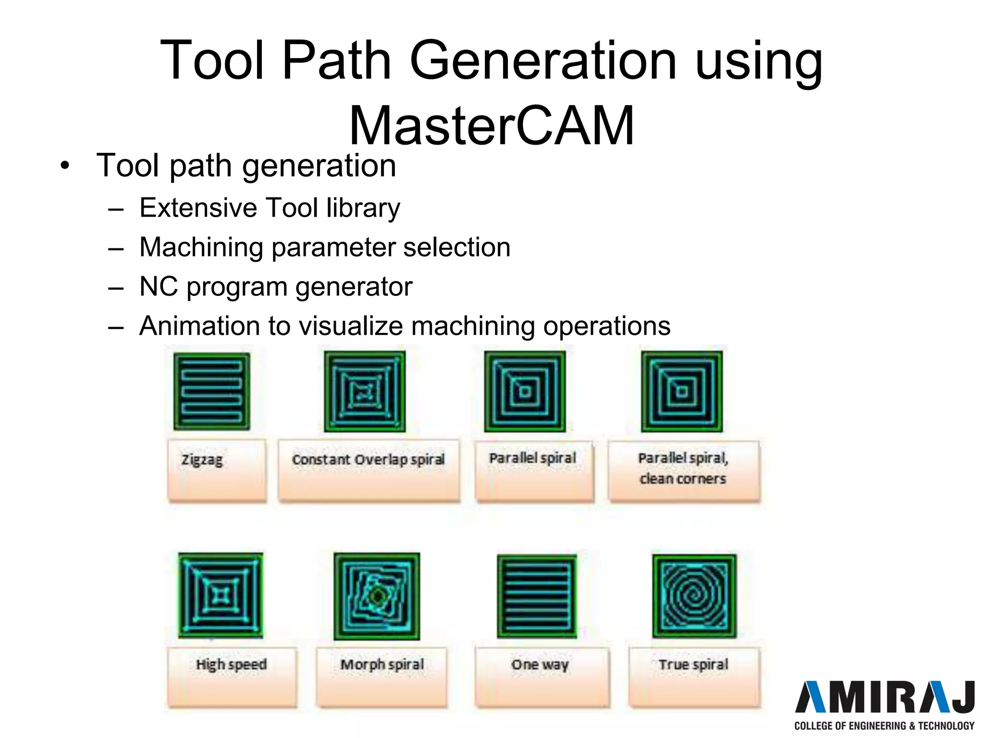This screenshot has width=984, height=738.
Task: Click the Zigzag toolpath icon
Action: [212, 391]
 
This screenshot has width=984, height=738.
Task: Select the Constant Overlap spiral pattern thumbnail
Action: [365, 391]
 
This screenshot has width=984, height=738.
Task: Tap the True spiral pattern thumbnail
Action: [694, 596]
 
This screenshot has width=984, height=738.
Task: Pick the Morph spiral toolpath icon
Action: [377, 596]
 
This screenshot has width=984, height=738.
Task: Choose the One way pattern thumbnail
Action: [537, 596]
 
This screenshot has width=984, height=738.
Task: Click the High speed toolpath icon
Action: [221, 595]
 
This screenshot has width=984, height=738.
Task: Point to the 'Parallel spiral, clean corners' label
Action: [683, 468]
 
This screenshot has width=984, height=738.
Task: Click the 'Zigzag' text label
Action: [202, 460]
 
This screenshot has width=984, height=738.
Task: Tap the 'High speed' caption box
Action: [232, 676]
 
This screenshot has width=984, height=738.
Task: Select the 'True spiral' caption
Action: [693, 664]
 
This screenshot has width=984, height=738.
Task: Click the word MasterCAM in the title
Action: [491, 125]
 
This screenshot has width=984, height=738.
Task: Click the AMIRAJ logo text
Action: [885, 697]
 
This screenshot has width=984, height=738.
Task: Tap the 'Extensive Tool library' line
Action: [270, 208]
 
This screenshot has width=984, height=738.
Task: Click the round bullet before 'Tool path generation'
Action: [65, 166]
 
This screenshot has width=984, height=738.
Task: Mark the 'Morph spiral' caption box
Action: [382, 676]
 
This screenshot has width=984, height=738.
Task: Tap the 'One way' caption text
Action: [540, 664]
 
